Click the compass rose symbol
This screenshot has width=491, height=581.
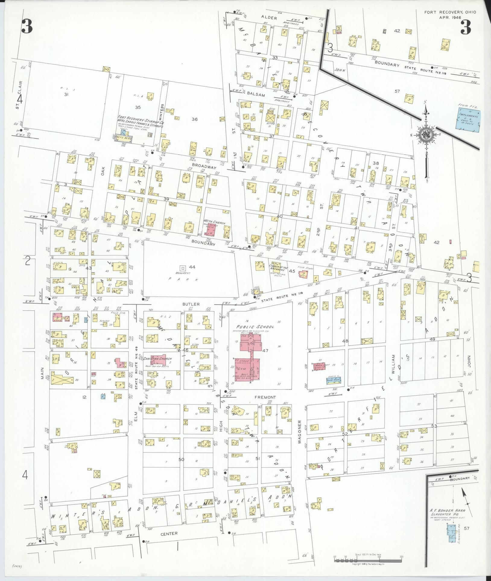pos(426,134)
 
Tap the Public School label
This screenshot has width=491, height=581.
pos(255,327)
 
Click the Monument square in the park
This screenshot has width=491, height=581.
pos(182,267)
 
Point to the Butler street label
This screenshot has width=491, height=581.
pos(191,304)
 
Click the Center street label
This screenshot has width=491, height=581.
pos(169,533)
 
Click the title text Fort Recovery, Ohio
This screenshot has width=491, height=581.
pos(450,12)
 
